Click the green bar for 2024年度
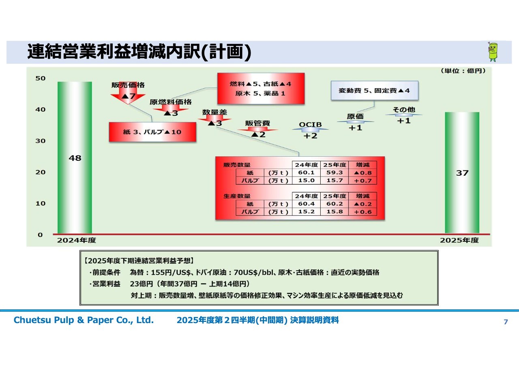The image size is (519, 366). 75,158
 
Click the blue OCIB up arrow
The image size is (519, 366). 310,130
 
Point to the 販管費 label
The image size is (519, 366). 257,123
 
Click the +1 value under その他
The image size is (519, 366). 403,121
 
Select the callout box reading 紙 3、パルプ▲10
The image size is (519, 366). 152,132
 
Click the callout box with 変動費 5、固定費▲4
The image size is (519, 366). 375,91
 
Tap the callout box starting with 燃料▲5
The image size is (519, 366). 260,88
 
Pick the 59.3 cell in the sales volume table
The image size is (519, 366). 335,173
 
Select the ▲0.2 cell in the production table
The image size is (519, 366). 362,204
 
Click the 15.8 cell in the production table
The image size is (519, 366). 335,212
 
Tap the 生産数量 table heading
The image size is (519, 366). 237,196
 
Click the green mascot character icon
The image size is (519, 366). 493,51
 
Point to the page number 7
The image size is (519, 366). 505,322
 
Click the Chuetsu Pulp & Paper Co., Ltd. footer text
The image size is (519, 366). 84,320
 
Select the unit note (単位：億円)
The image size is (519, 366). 462,71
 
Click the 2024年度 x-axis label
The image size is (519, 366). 76,240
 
